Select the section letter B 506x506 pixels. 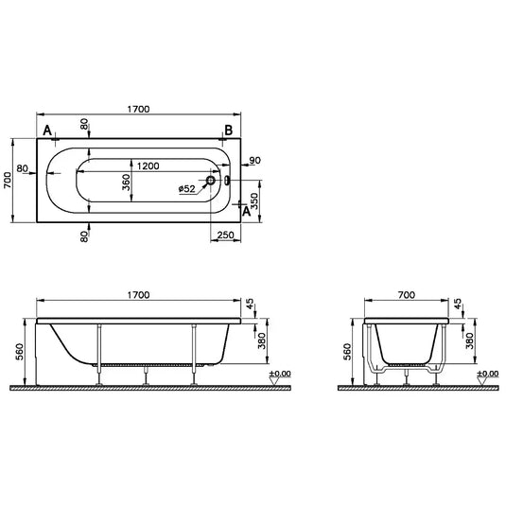228,130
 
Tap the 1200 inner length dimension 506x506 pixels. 148,166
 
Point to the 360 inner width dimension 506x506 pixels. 127,183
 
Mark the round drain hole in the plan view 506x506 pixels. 213,180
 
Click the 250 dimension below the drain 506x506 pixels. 225,234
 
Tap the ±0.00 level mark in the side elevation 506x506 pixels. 281,376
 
